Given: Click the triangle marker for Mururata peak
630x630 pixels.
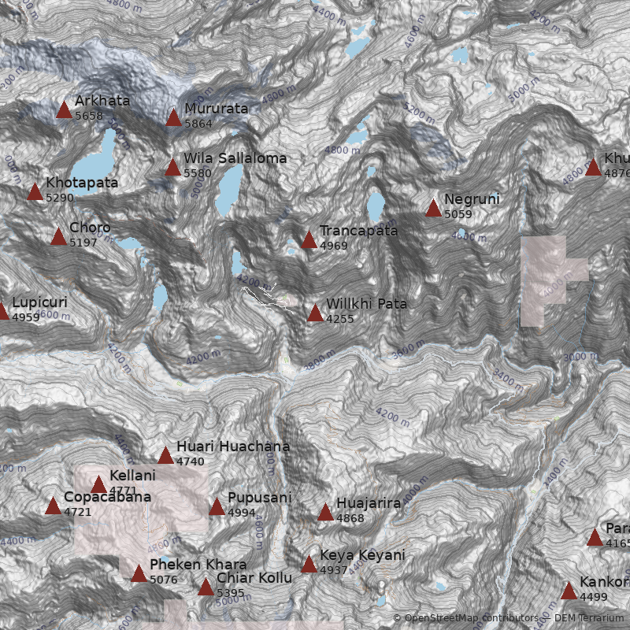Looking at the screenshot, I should (173, 117).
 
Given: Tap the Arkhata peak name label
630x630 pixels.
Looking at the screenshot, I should (102, 101).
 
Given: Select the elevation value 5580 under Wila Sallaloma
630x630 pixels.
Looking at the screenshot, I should (198, 173).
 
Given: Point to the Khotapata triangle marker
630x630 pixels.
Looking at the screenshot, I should (35, 191).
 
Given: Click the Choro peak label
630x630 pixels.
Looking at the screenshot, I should (90, 228).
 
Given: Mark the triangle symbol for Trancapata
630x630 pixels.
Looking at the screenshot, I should (309, 239).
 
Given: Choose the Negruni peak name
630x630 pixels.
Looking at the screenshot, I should (472, 199).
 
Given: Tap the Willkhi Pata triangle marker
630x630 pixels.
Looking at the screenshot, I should (315, 313).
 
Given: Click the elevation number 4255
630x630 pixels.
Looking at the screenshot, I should (340, 319).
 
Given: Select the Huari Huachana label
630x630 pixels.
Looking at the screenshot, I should (232, 447).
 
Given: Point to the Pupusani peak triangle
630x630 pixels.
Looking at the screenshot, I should (217, 506).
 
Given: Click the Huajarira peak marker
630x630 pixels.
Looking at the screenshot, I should (325, 512).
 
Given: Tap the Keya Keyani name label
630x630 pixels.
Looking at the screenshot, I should (362, 555).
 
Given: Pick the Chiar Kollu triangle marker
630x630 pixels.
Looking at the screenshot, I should (206, 587).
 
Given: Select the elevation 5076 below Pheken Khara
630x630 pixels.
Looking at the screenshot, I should (164, 580).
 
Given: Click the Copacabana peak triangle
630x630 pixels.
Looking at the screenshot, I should (53, 506).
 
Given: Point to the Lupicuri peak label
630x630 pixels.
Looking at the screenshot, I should (39, 302).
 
